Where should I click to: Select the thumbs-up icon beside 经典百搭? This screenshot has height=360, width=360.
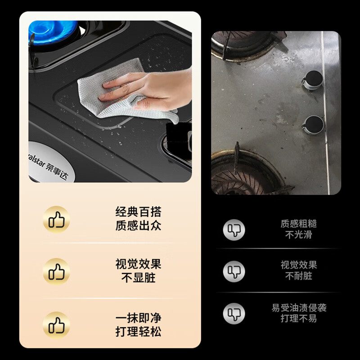point(56,219)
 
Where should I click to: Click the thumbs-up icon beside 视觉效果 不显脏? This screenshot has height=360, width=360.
point(56,271)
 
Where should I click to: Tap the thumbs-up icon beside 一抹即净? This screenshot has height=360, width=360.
point(56,324)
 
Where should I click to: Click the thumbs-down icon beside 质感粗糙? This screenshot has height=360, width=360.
point(234,229)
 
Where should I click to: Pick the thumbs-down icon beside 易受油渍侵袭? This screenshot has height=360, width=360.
point(234,313)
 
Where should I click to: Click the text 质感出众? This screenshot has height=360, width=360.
point(138,225)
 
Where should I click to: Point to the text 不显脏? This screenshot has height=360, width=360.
point(138,278)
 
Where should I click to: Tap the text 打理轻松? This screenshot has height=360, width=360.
point(138,332)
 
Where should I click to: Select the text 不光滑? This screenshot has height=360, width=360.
point(299,234)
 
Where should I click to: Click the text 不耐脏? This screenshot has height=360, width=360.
point(299,276)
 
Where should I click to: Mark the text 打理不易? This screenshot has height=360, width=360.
point(299,318)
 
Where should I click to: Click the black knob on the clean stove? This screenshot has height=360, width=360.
point(178,135)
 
